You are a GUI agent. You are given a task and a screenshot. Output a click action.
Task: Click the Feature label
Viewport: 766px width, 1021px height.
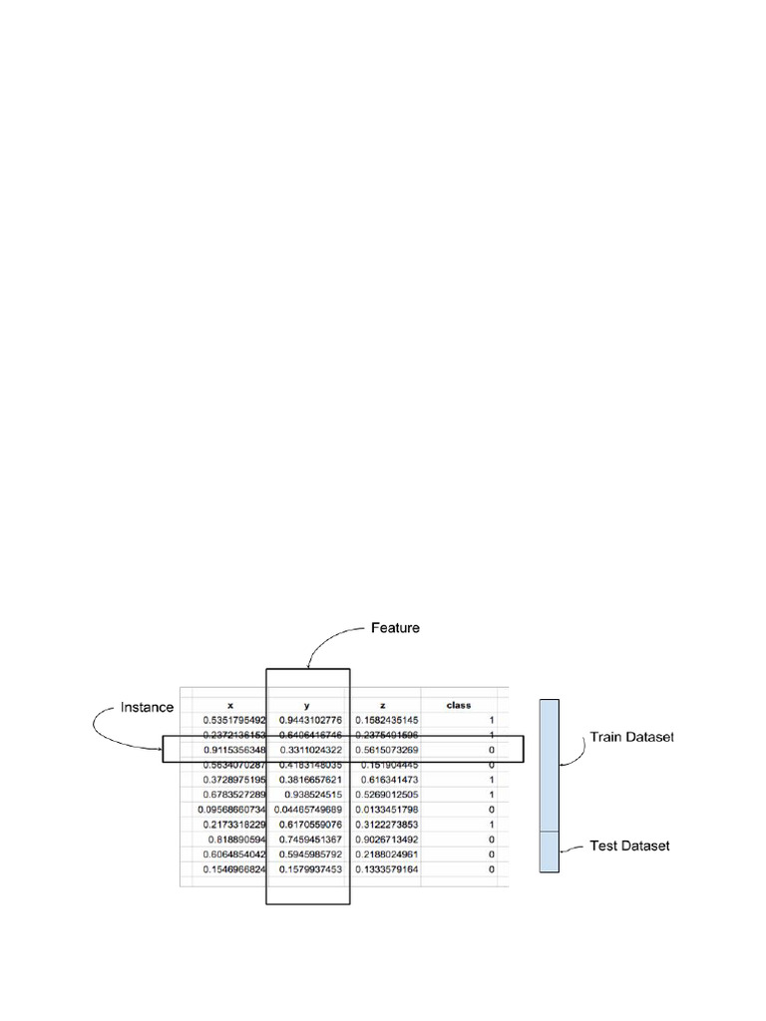click(395, 628)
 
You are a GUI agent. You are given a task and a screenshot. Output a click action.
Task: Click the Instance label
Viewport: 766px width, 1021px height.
click(147, 707)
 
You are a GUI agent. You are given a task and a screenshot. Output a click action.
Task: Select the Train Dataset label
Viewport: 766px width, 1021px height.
click(631, 738)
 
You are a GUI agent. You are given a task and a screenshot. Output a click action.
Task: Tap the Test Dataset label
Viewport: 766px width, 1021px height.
click(628, 846)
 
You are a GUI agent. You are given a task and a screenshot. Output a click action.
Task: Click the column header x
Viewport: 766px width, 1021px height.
click(230, 705)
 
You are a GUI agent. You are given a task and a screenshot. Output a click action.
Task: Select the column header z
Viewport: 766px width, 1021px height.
click(384, 705)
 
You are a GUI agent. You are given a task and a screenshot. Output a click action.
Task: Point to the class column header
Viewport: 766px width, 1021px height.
click(459, 705)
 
